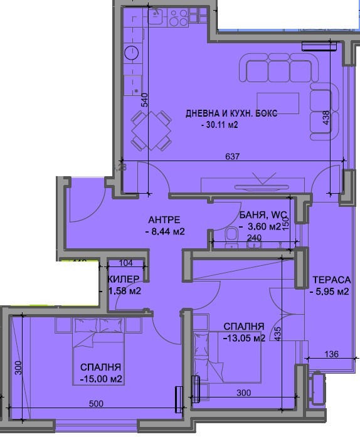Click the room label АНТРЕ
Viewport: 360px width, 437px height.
(164, 219)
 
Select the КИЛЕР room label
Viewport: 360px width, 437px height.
(123, 279)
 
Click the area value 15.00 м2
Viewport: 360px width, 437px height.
(101, 379)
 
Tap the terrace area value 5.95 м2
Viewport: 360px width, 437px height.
(330, 291)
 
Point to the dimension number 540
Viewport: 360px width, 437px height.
(144, 100)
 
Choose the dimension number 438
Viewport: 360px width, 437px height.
(326, 119)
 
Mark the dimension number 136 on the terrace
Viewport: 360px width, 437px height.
(331, 355)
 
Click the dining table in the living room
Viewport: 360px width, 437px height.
(151, 131)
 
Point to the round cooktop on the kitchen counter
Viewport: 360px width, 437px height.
(132, 52)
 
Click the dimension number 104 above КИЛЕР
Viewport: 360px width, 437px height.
(125, 263)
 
